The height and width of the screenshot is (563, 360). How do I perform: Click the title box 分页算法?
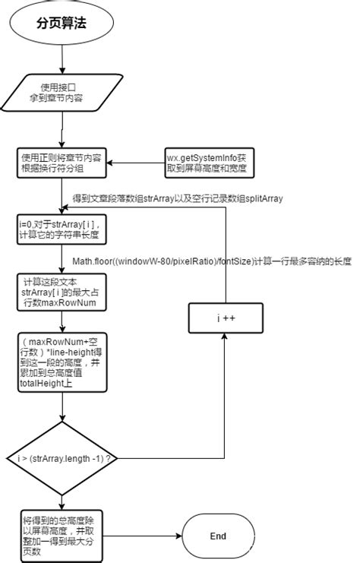62,23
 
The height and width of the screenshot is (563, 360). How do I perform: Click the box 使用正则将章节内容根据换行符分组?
62,163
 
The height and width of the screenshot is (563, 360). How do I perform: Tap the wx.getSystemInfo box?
210,163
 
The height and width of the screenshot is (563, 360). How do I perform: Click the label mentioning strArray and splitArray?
178,198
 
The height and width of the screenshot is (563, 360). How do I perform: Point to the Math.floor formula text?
212,261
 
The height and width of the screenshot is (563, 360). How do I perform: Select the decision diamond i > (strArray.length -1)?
62,460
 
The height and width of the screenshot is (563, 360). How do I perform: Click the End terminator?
218,536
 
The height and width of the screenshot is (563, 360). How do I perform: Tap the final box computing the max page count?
62,536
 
